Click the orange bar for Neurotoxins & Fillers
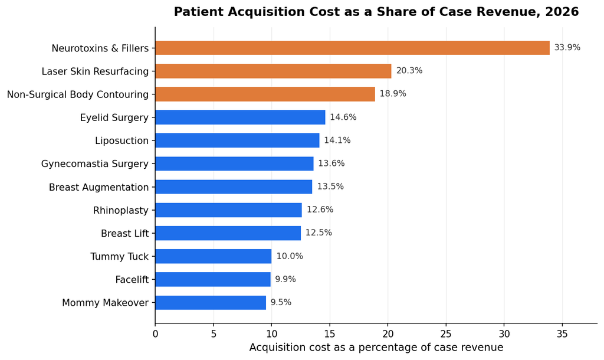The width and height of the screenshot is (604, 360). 353,48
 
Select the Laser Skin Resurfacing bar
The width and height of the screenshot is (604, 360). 274,71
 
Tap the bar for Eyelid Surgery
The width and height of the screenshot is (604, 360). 241,117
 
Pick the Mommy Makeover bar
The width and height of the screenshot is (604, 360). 211,303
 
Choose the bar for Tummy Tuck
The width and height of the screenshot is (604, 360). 214,256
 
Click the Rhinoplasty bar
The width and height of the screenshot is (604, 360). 229,210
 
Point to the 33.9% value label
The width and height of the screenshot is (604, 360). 567,47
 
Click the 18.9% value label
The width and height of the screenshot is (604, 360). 393,94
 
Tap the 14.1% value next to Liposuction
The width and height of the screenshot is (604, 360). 337,140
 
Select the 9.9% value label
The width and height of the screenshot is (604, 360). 285,279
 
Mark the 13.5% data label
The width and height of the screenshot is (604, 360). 330,186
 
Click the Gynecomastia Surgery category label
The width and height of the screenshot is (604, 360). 95,164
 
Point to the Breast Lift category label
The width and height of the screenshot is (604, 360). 125,234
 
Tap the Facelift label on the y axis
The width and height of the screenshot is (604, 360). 132,280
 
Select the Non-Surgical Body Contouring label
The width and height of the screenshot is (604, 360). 78,94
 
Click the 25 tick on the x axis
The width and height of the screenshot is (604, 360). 446,334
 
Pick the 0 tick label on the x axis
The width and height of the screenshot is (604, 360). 155,334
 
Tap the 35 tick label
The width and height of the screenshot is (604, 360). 562,334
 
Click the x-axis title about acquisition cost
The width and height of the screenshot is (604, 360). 376,347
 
